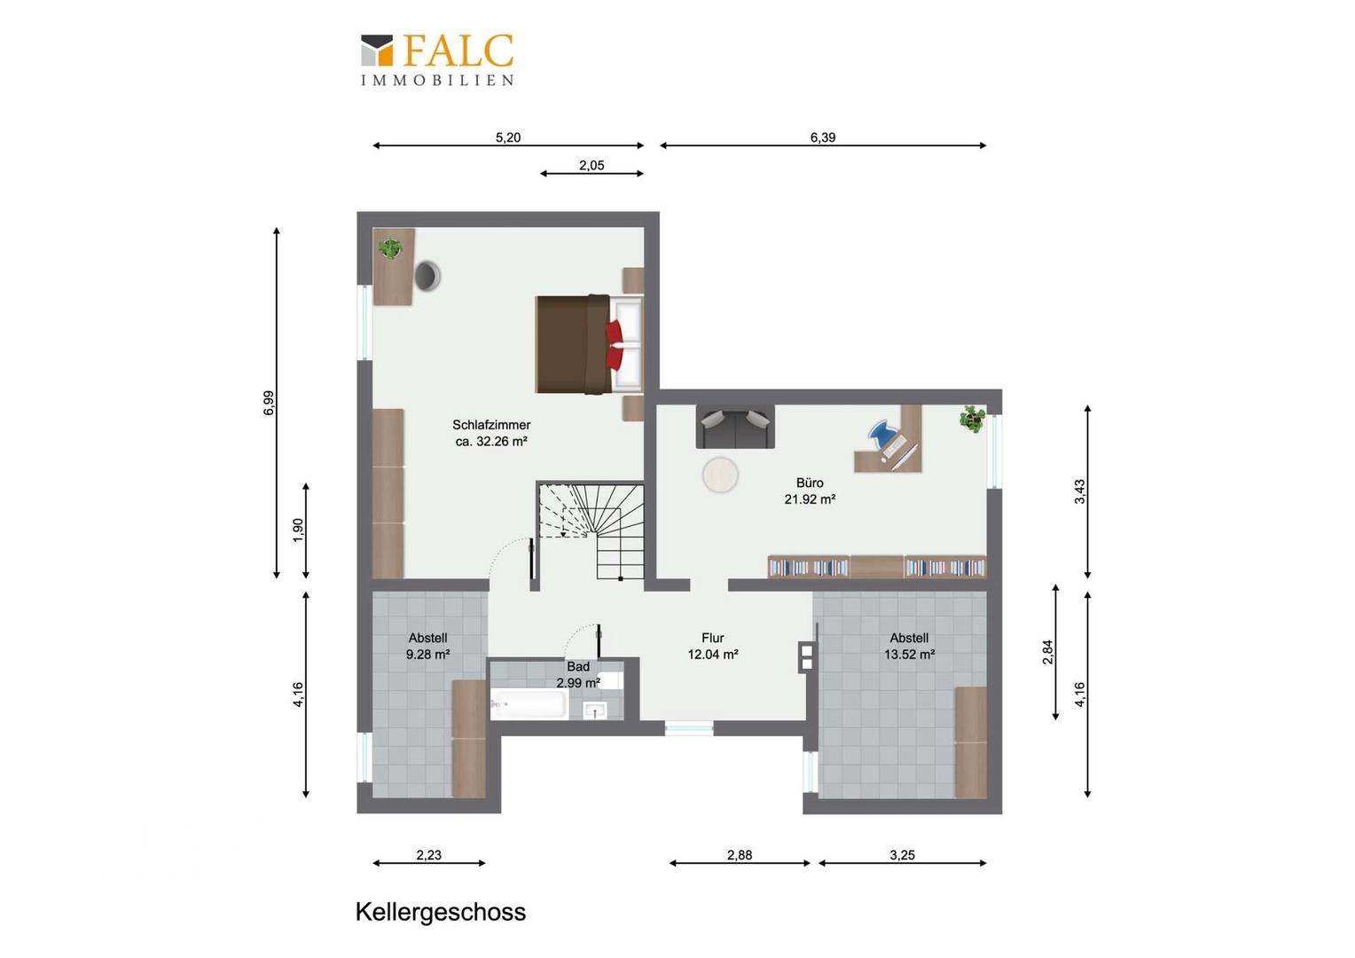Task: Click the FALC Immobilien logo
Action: point(437,59)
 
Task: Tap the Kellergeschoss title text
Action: point(441,912)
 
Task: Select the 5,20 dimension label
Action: point(508,137)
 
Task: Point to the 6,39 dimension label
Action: point(823,137)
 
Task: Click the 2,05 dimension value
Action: point(591,165)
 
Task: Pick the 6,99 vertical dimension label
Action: point(269,403)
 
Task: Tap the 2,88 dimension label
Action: point(740,855)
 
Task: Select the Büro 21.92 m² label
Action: point(810,491)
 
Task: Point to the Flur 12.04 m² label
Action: point(713,646)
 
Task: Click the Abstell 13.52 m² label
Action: point(909,646)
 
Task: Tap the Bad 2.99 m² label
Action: point(578,674)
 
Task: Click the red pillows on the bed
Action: point(614,344)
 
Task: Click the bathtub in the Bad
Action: point(529,704)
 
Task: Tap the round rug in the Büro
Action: point(720,475)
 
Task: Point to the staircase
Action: point(591,530)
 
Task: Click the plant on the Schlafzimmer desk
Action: point(389,248)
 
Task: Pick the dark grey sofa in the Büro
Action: point(735,427)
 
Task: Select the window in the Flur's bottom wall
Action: point(689,728)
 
